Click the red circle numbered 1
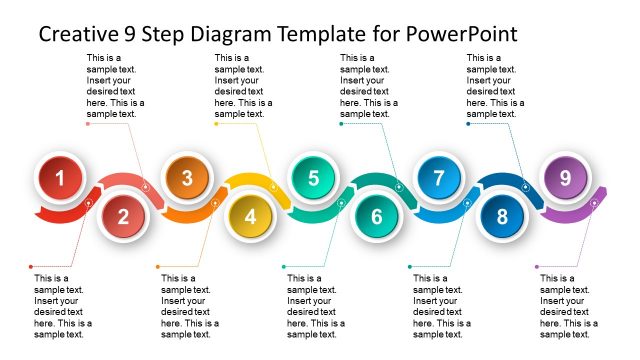[61, 179]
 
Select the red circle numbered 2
[123, 216]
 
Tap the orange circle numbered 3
[187, 179]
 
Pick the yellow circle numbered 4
[250, 216]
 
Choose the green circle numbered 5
[313, 179]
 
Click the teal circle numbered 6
[376, 216]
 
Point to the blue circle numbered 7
[438, 179]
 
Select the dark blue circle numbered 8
[502, 216]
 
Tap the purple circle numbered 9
[565, 179]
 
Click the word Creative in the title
[81, 34]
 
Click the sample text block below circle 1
[63, 306]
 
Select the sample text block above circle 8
[496, 86]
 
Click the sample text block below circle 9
[569, 306]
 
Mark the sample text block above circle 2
[116, 86]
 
